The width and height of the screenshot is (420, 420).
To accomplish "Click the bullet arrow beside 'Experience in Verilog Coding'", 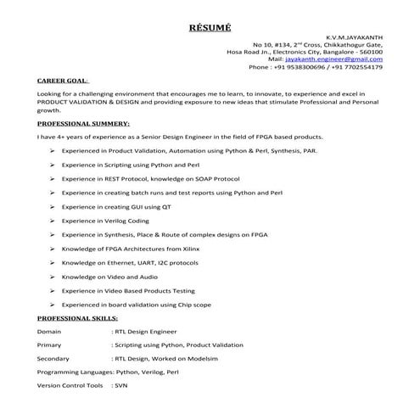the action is click(x=53, y=220).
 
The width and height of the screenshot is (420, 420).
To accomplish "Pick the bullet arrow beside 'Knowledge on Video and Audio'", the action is click(x=53, y=276).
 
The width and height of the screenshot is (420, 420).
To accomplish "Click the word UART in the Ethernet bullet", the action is click(x=146, y=262).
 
